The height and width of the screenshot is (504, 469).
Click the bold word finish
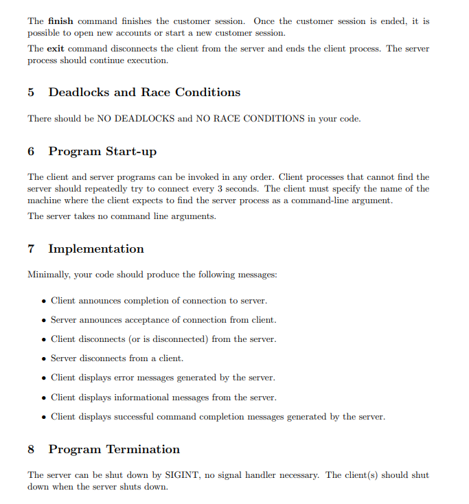click(60, 21)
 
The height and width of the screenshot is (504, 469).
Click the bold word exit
click(55, 49)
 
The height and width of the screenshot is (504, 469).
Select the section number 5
click(31, 92)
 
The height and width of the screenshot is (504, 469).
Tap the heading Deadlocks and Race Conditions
click(144, 92)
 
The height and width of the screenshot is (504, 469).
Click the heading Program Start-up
click(102, 151)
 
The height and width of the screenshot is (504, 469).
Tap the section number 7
click(31, 249)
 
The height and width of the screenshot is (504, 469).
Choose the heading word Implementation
click(96, 249)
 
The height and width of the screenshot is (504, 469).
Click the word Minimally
click(49, 275)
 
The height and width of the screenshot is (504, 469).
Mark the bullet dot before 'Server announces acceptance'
click(44, 320)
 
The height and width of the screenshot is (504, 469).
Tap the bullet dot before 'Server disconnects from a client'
click(44, 358)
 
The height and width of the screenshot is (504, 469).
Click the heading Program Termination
click(114, 449)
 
